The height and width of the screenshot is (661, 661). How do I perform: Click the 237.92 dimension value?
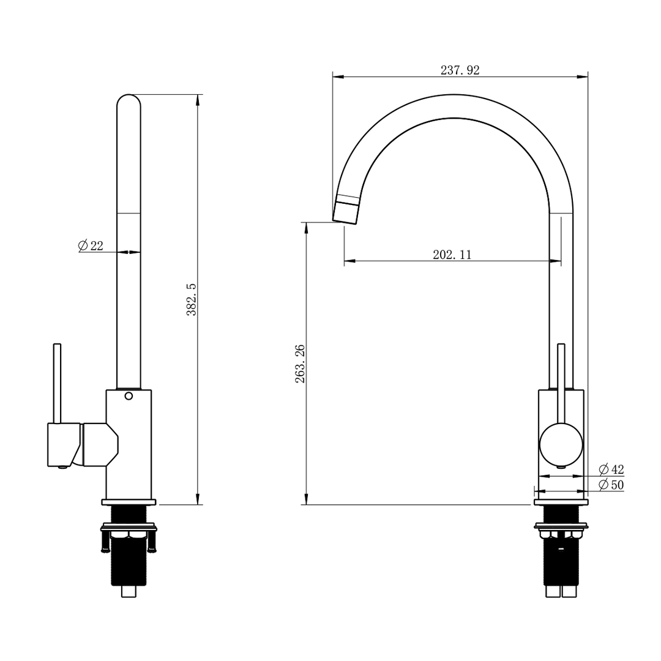[x=460, y=70]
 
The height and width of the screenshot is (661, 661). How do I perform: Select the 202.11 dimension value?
[x=452, y=255]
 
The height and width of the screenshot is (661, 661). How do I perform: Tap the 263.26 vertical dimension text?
[x=301, y=364]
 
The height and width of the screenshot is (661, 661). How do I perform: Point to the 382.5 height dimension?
[x=192, y=299]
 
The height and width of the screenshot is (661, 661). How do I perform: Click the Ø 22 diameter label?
[x=91, y=246]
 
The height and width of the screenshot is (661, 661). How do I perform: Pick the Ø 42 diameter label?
[x=611, y=469]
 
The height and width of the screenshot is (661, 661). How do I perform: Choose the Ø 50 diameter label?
[x=611, y=485]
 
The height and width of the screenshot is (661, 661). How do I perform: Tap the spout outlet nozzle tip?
[x=345, y=211]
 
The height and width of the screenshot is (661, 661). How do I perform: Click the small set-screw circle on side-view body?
[x=129, y=396]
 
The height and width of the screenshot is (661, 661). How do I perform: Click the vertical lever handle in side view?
[x=57, y=383]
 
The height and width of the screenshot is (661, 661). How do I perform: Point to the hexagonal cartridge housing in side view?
[x=100, y=444]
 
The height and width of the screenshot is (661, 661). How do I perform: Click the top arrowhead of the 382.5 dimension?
[x=198, y=99]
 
